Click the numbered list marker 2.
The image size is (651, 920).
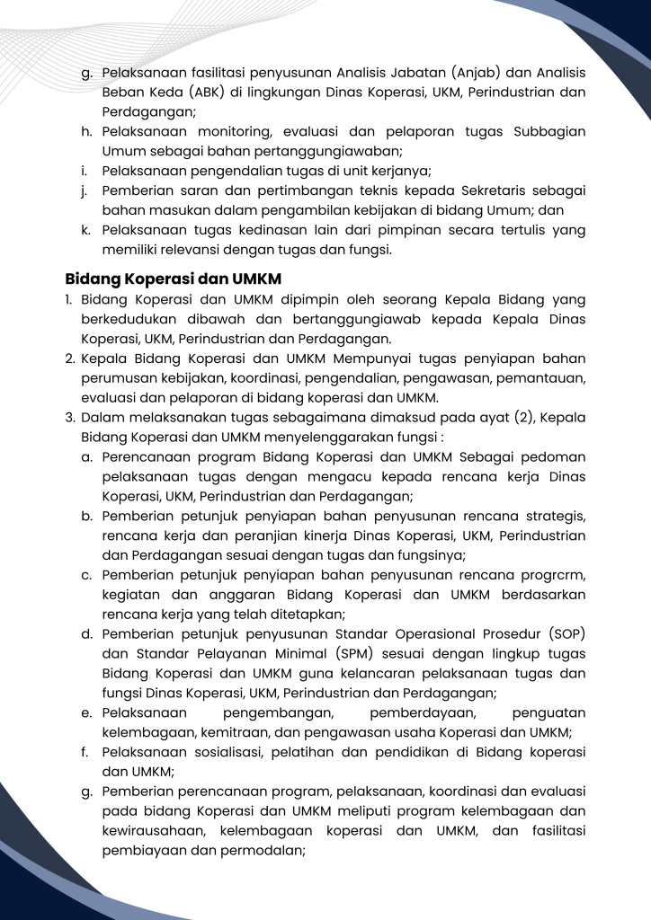click(x=69, y=359)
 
